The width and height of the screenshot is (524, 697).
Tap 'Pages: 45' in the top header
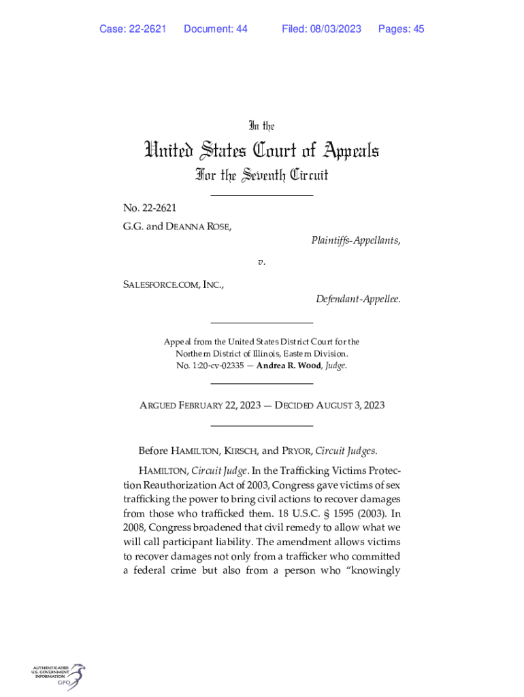pyautogui.click(x=402, y=29)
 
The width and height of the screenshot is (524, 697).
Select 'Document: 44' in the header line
pyautogui.click(x=216, y=29)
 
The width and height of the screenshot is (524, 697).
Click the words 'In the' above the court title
pyautogui.click(x=262, y=126)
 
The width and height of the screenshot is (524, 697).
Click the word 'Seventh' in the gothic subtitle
pyautogui.click(x=263, y=176)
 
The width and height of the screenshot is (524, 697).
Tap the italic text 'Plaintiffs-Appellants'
pyautogui.click(x=355, y=240)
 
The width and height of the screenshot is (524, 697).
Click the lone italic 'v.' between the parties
pyautogui.click(x=261, y=262)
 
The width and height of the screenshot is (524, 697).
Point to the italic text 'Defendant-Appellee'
pyautogui.click(x=357, y=299)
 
